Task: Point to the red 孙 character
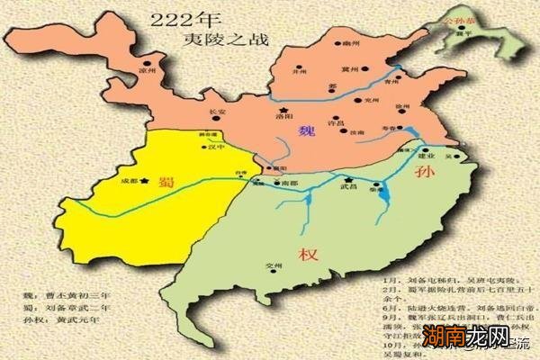424,174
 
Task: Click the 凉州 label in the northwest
148,67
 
